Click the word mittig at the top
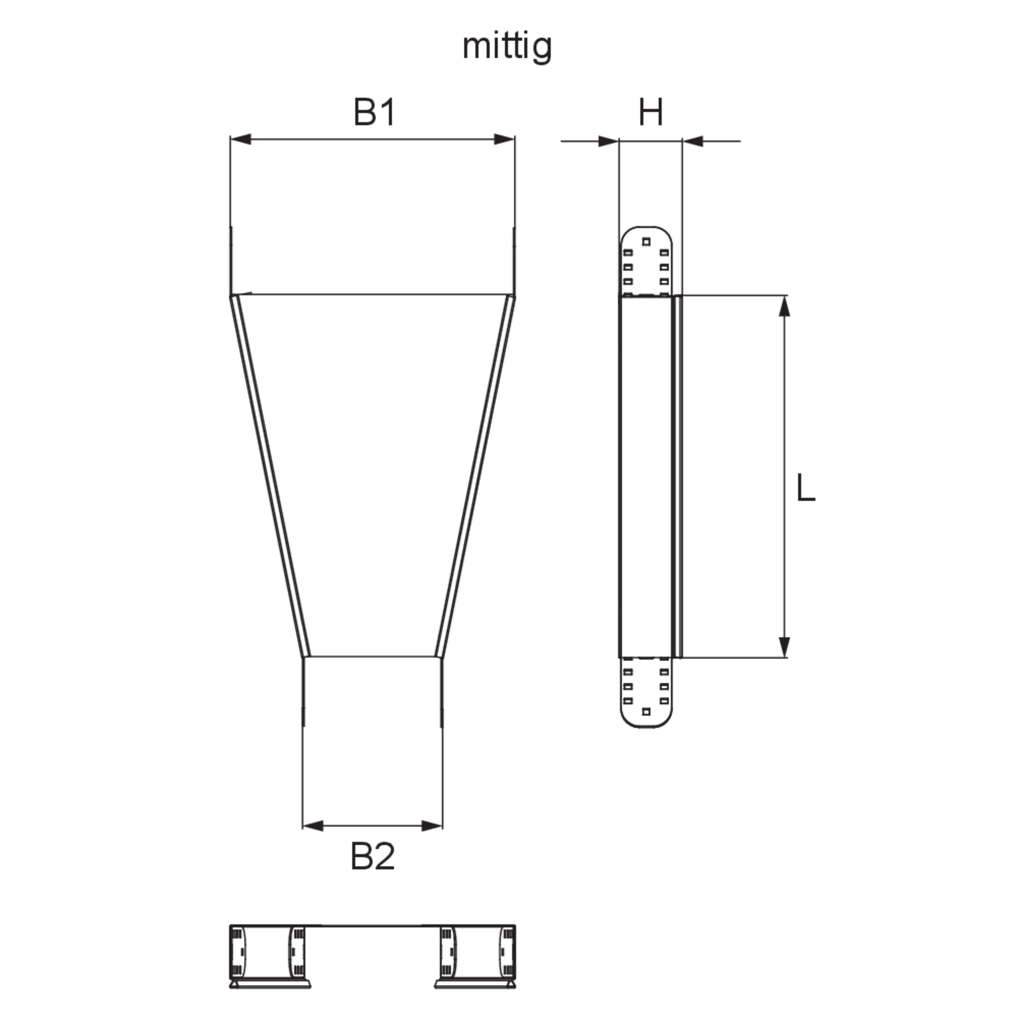(507, 48)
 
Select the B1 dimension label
(374, 112)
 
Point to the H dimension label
(651, 112)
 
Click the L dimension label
(805, 487)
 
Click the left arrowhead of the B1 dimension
(240, 140)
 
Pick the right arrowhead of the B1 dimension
(504, 140)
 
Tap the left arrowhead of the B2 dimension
(313, 826)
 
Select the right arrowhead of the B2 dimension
(432, 826)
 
